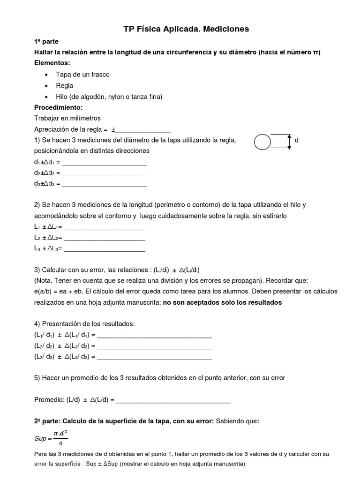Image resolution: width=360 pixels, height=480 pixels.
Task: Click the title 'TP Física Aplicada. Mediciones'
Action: tap(186, 29)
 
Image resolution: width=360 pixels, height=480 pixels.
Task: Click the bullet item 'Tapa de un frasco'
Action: tap(82, 75)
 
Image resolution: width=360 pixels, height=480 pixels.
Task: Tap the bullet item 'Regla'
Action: tap(65, 86)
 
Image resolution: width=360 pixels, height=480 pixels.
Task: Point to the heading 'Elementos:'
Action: tap(52, 63)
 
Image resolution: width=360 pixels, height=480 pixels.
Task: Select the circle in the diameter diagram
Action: tap(262, 141)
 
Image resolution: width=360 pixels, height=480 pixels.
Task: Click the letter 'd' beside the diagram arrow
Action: tap(296, 140)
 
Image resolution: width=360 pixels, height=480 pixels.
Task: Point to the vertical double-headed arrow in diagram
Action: tap(289, 141)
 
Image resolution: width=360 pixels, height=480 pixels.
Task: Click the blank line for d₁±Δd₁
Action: tap(105, 163)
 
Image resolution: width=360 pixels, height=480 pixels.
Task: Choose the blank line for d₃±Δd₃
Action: tap(105, 184)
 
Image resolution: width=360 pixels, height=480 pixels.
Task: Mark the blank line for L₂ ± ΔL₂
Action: tap(104, 239)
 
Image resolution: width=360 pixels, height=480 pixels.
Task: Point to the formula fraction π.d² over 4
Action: tap(61, 438)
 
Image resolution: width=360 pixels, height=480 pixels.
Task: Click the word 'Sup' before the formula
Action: tap(40, 439)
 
